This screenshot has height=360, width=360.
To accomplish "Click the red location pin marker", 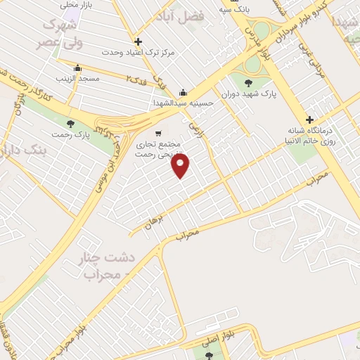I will pyautogui.click(x=181, y=165).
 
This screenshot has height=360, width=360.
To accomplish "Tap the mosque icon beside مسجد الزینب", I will pyautogui.click(x=77, y=68).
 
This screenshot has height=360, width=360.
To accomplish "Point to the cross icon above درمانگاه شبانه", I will pyautogui.click(x=309, y=119).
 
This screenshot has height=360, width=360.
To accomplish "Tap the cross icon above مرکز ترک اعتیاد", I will pyautogui.click(x=138, y=41).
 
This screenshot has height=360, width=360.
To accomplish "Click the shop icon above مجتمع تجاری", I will pyautogui.click(x=158, y=131).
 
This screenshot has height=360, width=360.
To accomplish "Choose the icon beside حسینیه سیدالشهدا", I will pyautogui.click(x=183, y=91).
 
